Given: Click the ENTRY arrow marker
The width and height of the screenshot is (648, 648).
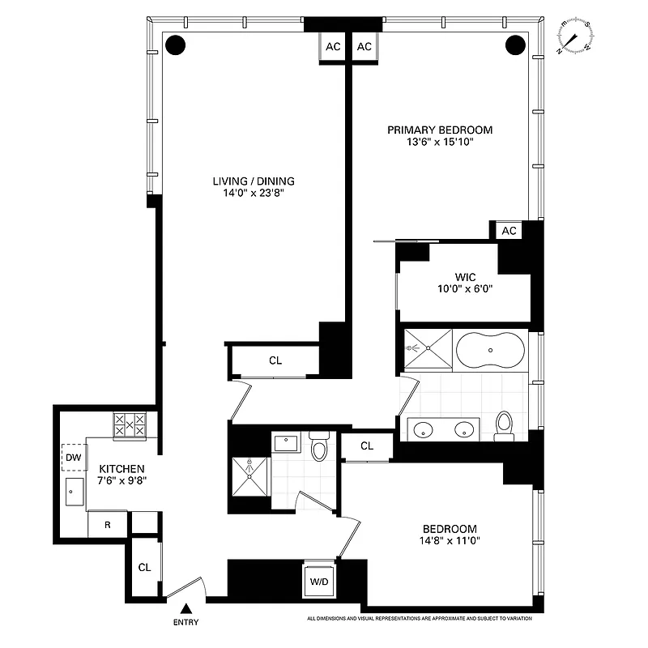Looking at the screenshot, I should [187, 608].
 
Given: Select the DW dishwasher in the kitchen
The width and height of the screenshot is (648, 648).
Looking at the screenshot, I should [74, 459].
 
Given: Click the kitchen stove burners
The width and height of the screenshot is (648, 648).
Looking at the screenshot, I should [130, 425].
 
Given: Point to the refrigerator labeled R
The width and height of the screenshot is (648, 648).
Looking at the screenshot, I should [107, 524].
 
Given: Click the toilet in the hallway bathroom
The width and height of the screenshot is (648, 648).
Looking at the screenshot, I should [318, 446].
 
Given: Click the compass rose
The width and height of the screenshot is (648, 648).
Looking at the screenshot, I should [574, 37].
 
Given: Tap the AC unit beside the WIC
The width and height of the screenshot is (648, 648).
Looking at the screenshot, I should [509, 231].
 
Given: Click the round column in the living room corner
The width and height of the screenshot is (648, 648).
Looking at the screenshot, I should [174, 45].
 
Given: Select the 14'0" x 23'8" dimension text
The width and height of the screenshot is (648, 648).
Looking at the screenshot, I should [254, 194].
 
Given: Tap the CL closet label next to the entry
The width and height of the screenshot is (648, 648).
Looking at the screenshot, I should [144, 568].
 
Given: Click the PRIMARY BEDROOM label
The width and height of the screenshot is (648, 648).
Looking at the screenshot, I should [439, 130].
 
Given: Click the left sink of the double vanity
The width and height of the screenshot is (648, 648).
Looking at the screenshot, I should [424, 429].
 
